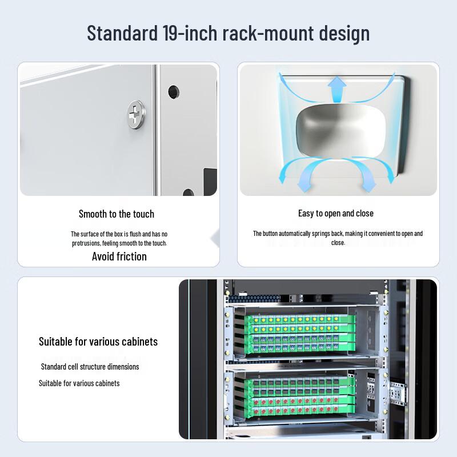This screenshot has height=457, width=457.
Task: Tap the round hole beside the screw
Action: (x=173, y=91)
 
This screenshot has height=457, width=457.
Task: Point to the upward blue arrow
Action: (x=337, y=90)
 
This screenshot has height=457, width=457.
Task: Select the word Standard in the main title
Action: (x=119, y=33)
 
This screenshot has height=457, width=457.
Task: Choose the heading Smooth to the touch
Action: (x=117, y=214)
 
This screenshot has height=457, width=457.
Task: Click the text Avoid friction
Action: (x=119, y=256)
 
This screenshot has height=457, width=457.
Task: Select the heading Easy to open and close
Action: (x=336, y=214)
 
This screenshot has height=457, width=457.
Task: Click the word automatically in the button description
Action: (x=312, y=234)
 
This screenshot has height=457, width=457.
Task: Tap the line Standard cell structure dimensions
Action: (x=90, y=367)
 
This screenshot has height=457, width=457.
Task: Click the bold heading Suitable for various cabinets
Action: (x=98, y=342)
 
